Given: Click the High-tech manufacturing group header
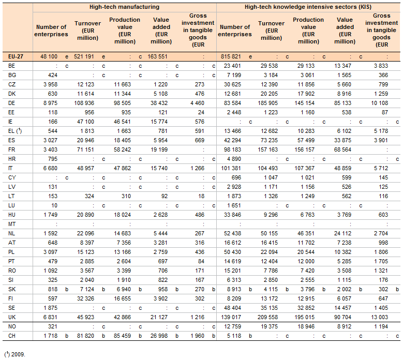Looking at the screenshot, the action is (x=124, y=7).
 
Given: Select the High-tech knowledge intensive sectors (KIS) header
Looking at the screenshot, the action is (x=308, y=7).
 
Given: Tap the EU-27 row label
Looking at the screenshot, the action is (x=16, y=56).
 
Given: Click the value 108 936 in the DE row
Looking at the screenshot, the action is (x=86, y=103).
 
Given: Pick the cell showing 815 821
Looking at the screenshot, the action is (x=231, y=56).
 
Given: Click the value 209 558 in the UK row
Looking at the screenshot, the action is (x=267, y=317).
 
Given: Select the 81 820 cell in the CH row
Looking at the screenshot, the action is (x=86, y=336).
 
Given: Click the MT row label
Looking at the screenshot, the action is (x=12, y=224).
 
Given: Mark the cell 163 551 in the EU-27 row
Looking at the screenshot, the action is (x=157, y=56).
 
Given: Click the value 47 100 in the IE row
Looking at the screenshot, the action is (x=86, y=122).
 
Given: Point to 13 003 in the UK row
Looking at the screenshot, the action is (x=379, y=317).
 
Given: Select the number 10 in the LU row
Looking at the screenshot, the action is (x=54, y=205).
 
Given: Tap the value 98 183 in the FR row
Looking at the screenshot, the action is (x=232, y=149).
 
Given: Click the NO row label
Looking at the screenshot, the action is (x=12, y=326).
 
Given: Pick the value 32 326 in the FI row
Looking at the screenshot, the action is (x=86, y=298).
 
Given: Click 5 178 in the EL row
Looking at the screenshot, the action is (x=381, y=131).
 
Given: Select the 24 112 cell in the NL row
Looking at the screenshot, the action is (x=343, y=233).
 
